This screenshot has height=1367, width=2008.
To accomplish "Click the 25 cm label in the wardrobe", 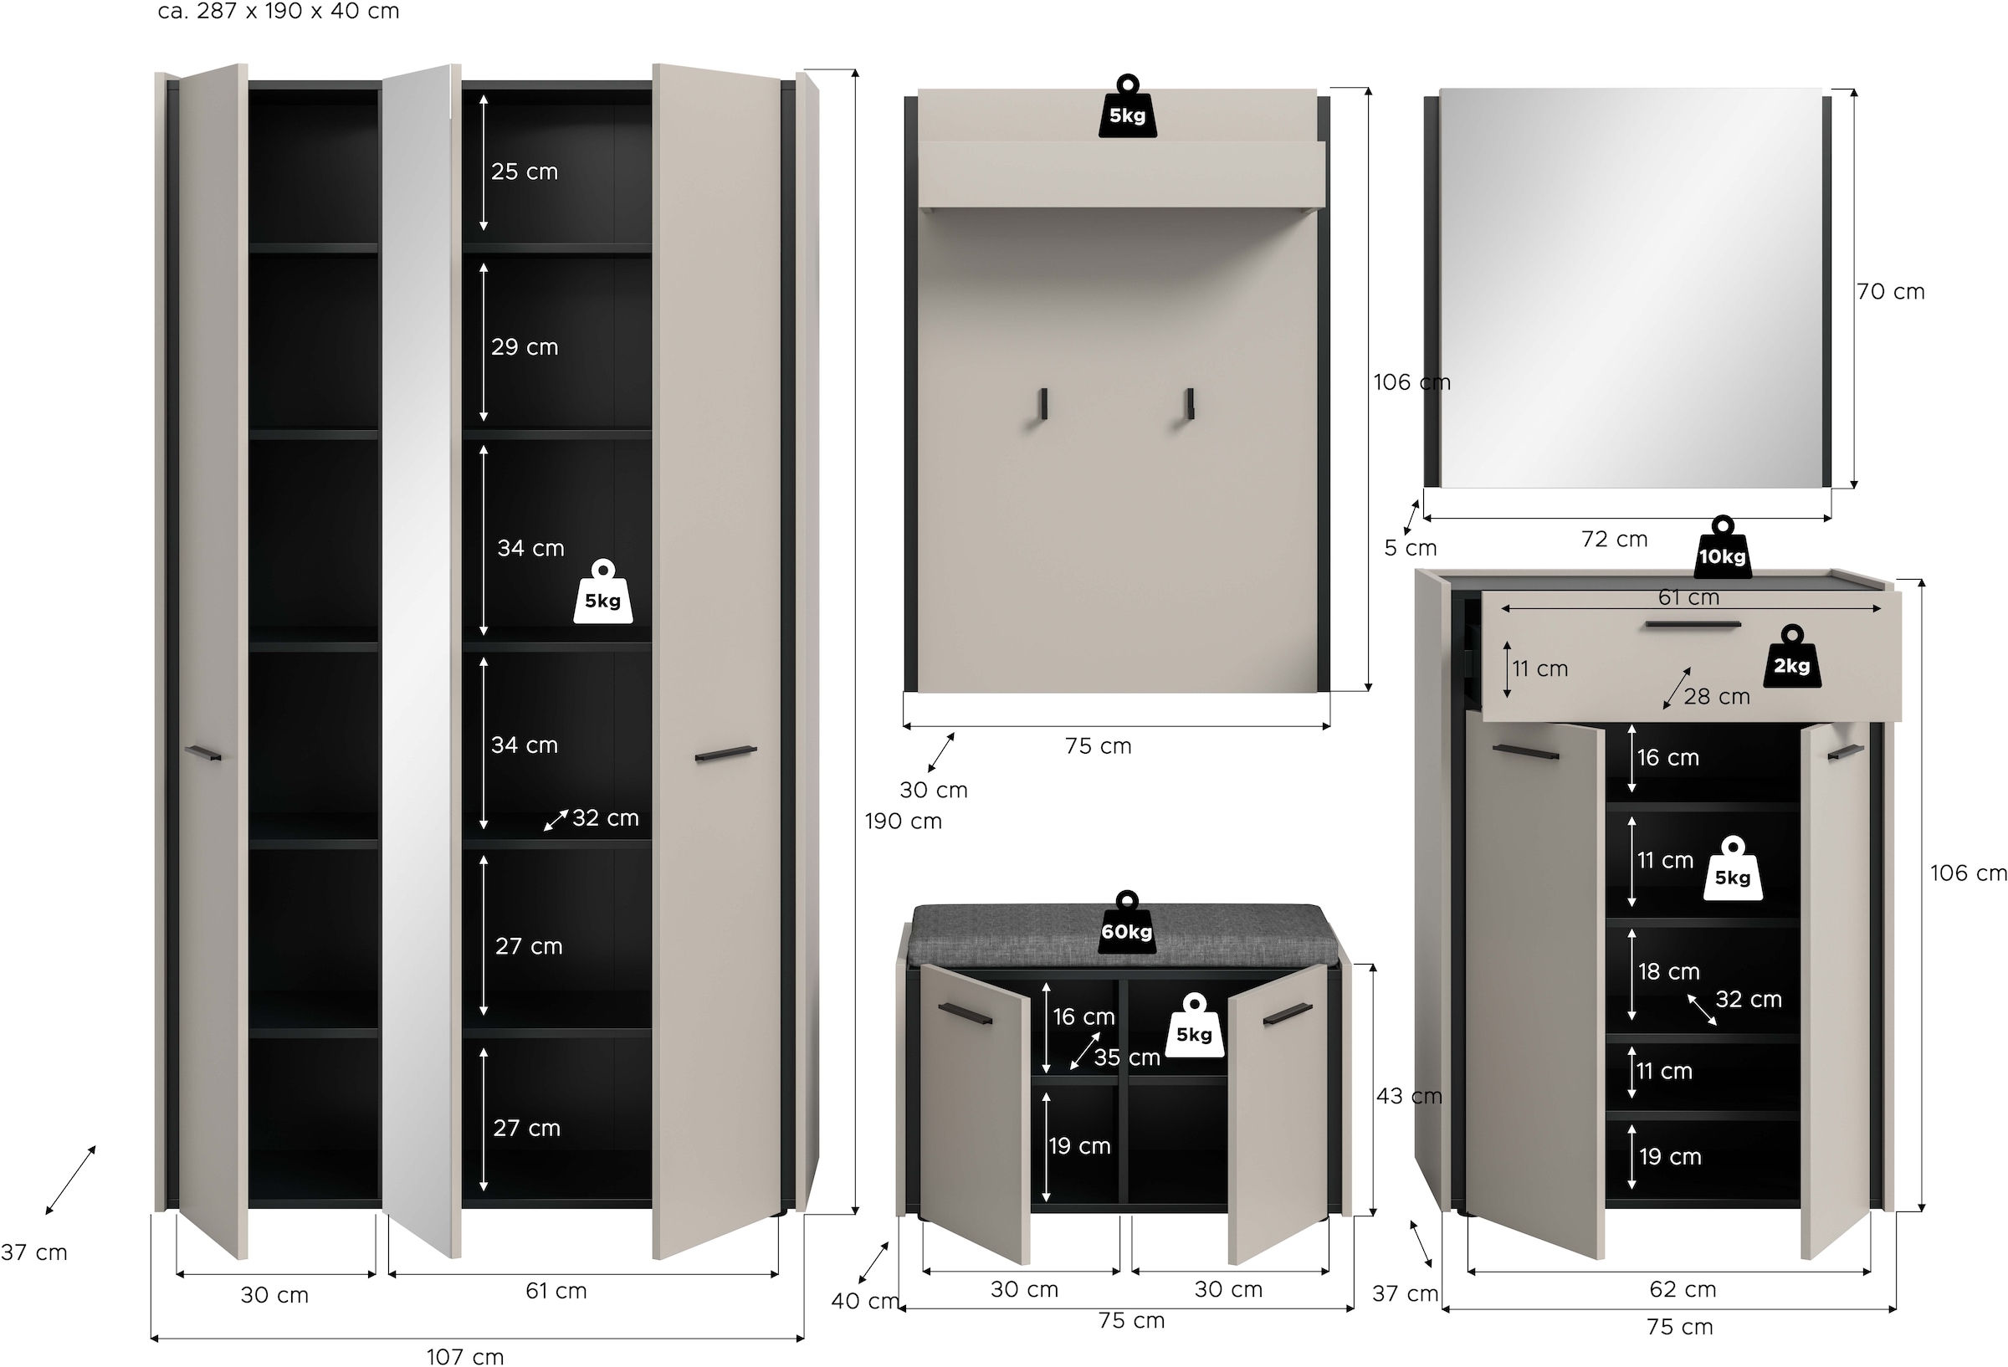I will tap(525, 172).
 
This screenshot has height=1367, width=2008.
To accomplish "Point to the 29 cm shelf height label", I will tap(525, 347).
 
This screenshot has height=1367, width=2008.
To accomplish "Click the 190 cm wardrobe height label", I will tap(903, 821).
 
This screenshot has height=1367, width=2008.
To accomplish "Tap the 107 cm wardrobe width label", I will tap(465, 1356).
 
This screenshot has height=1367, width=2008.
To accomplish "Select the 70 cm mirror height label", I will tap(1891, 292).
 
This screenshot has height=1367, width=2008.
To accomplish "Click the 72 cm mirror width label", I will tap(1614, 540).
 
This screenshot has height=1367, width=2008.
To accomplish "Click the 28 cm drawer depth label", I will tap(1716, 696).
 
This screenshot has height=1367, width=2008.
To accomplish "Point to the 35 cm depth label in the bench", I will tap(1127, 1057).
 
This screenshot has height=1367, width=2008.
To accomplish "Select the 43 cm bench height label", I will tap(1408, 1096).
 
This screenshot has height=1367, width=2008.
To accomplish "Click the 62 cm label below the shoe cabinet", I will tap(1683, 1289).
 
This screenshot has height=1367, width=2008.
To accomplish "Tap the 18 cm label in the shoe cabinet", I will tap(1668, 971).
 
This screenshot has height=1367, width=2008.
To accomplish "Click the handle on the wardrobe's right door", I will tap(725, 754).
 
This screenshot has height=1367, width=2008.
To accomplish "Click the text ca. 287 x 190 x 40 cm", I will tap(279, 12).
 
